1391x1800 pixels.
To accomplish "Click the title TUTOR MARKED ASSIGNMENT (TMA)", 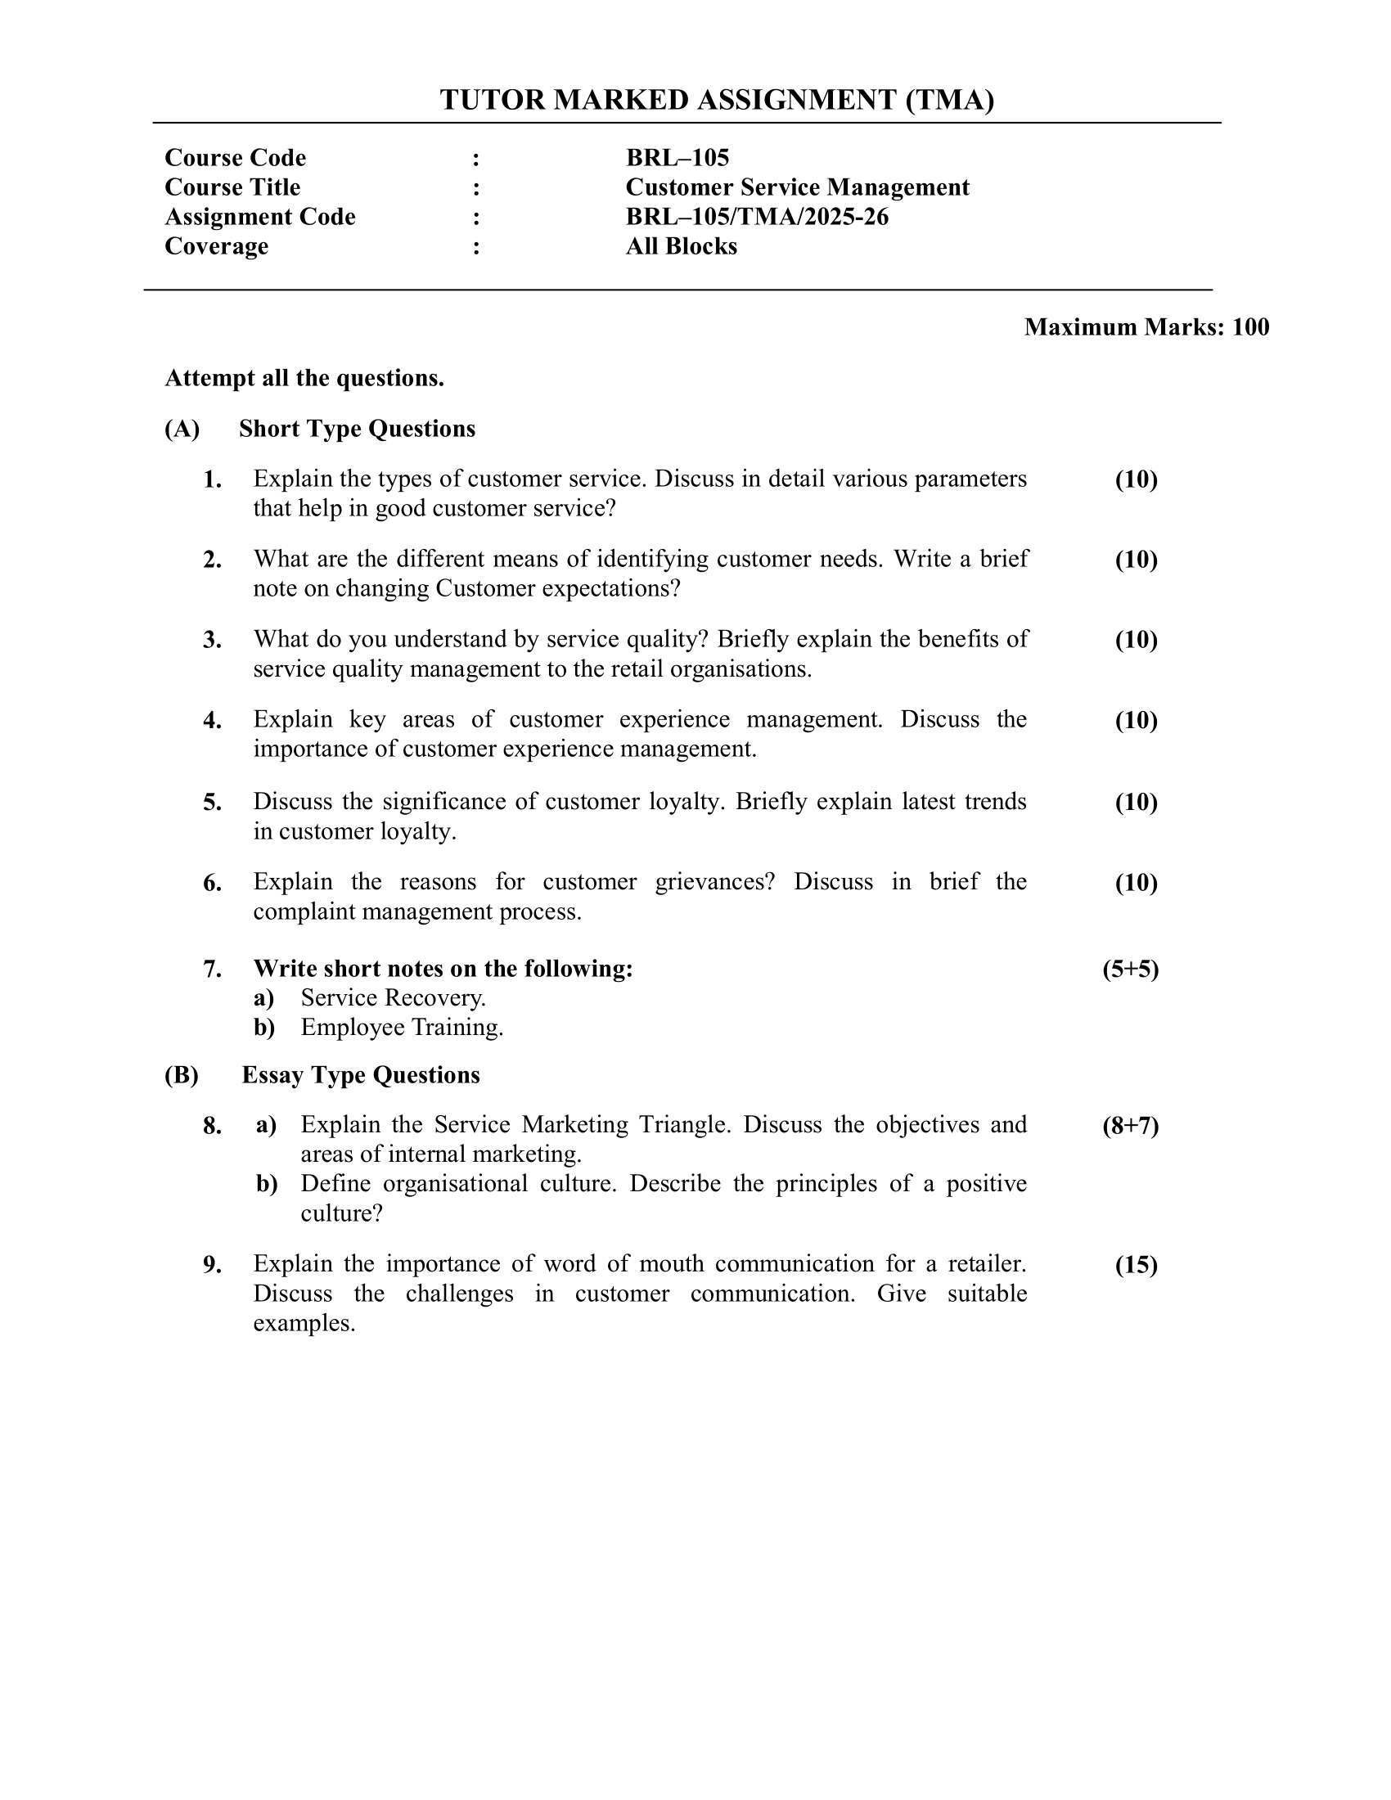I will coord(717,100).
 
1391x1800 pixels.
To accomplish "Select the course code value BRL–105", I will coord(677,157).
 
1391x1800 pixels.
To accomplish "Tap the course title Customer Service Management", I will coord(797,187).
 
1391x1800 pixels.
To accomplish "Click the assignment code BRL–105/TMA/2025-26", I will coord(757,217).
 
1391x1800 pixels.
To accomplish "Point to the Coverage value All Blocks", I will coord(681,246).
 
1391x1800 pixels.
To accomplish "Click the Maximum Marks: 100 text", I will coord(1146,327).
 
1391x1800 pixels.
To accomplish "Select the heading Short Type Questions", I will coord(357,429).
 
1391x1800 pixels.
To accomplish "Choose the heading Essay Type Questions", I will coord(360,1075).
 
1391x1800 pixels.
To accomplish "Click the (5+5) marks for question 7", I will coord(1131,970).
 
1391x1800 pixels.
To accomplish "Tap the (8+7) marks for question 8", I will coord(1131,1126).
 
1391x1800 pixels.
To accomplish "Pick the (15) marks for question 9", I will coord(1137,1265).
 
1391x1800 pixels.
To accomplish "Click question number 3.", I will coord(213,641).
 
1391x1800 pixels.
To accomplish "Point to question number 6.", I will coord(213,884).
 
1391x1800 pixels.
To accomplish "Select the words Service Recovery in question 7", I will coord(392,998).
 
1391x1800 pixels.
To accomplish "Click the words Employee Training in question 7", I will coord(401,1028).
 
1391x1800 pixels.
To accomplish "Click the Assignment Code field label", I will coord(259,217).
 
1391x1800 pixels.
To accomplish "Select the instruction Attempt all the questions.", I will coord(304,378).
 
